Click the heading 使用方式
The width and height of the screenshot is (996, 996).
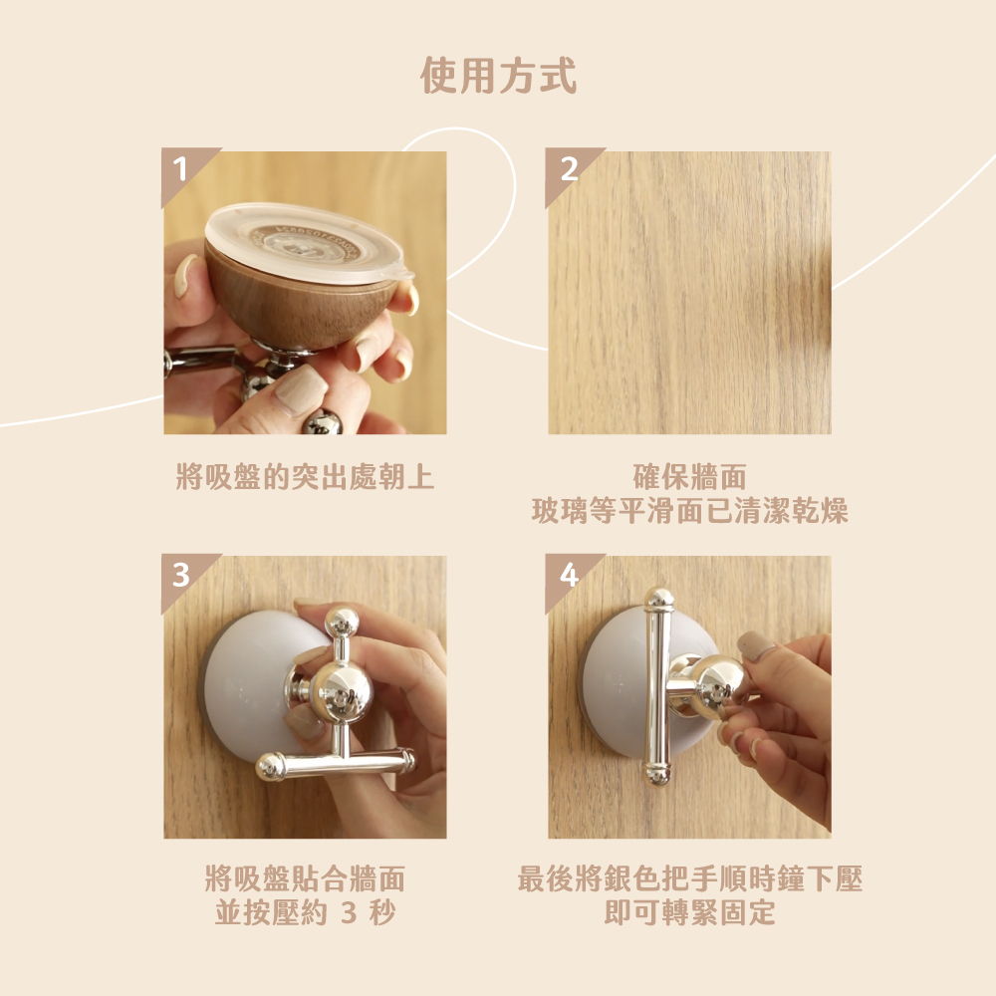498,76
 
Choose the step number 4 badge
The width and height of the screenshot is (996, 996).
568,575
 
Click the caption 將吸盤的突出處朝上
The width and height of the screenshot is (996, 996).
305,477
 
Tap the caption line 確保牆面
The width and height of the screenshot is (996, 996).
689,477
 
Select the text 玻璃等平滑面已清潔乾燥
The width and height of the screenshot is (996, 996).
689,511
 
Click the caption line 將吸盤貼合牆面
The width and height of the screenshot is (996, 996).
305,879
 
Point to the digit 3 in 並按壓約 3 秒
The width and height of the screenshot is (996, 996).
349,913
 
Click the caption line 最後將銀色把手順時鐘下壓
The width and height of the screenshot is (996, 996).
690,879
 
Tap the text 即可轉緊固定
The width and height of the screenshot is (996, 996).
690,912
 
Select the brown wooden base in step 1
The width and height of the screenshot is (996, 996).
300,306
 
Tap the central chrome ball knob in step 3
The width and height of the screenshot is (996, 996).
342,691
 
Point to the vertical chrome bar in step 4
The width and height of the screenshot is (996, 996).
657,686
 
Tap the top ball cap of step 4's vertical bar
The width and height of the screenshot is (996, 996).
658,598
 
